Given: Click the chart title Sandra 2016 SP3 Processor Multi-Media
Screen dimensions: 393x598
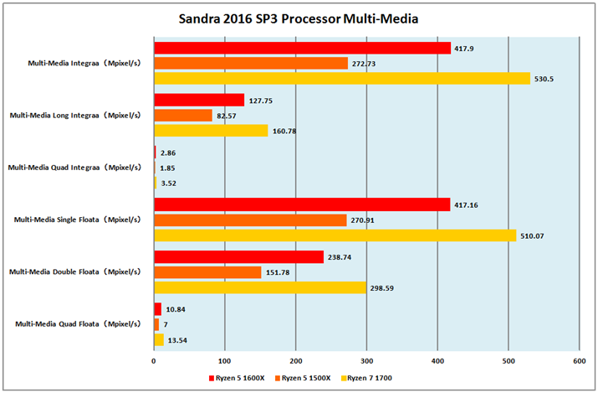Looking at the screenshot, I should (299, 18).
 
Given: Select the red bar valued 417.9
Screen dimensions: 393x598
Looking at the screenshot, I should (302, 48).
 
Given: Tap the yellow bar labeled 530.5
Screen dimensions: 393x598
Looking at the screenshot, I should (341, 78).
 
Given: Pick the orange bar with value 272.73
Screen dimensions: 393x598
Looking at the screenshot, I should (250, 63).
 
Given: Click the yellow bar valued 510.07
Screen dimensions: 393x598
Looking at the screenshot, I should (335, 235).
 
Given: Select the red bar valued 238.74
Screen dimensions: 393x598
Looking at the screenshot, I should (238, 257).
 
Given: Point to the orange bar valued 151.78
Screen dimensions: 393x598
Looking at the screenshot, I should (207, 272).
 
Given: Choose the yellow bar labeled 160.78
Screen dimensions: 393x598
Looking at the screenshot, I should (211, 131).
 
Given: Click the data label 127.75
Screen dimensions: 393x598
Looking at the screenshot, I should (262, 100).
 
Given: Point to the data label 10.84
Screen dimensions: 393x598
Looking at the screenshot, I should (176, 309).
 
